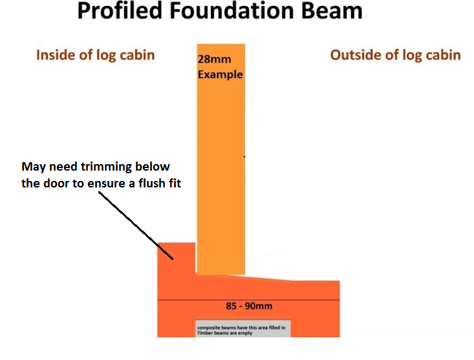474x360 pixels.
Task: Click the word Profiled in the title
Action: coord(120,10)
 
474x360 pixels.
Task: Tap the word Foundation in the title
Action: coord(232,10)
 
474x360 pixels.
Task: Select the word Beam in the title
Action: coord(332,10)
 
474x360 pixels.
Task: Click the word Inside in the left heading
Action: coord(54,55)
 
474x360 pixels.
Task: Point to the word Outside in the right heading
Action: coord(353,55)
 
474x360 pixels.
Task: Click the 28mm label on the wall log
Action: coord(214,59)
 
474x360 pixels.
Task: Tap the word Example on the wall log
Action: coord(220,74)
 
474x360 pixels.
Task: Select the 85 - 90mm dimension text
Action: coord(249,306)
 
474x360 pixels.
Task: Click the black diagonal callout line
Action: coord(135,226)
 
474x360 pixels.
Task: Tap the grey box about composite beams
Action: coord(242,328)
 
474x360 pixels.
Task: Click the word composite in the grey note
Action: coord(209,328)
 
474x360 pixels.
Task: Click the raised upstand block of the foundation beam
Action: coord(177,259)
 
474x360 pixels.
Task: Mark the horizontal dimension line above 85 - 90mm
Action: coord(248,300)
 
